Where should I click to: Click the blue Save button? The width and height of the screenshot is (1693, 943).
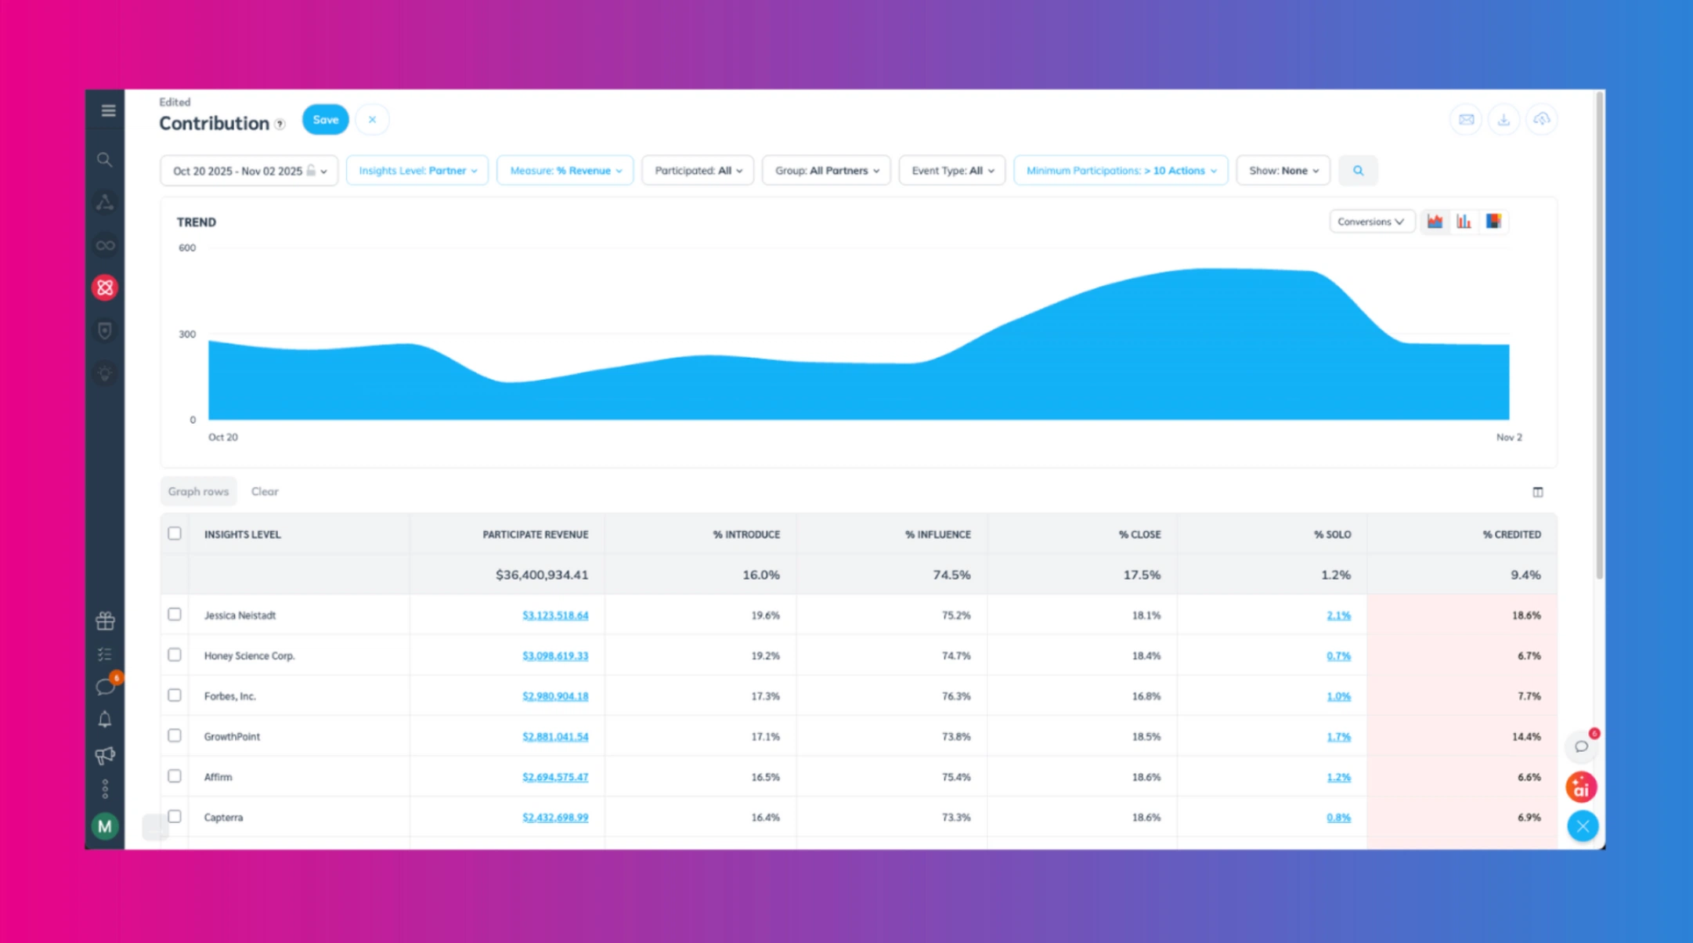point(325,120)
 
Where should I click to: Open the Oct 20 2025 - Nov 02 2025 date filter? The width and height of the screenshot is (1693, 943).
point(248,171)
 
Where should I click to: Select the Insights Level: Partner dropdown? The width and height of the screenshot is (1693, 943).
point(417,171)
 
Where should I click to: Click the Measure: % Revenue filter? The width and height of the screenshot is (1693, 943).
point(565,171)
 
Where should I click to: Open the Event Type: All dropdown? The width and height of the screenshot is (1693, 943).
point(951,171)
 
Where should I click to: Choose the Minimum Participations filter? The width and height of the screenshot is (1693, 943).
point(1120,171)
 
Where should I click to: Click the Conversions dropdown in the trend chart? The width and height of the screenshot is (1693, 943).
point(1370,222)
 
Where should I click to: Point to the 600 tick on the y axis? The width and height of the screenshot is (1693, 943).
point(187,248)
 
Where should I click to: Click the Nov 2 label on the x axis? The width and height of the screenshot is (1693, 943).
point(1508,437)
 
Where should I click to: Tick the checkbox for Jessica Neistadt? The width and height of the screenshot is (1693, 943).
point(175,614)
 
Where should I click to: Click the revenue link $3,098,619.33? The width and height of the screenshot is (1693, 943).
point(555,656)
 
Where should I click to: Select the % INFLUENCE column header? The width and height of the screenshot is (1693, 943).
point(937,534)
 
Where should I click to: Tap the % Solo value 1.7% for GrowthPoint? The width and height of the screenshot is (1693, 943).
point(1338,736)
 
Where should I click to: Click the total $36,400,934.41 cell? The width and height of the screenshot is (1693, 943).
point(541,575)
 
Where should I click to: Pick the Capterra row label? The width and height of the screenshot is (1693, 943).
point(223,817)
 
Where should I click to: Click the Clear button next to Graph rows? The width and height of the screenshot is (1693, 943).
point(265,492)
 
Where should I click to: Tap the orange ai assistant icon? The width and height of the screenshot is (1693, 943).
point(1581,787)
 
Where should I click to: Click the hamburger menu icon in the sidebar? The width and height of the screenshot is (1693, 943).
point(108,110)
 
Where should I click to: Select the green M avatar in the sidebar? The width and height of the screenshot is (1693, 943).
point(105,826)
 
